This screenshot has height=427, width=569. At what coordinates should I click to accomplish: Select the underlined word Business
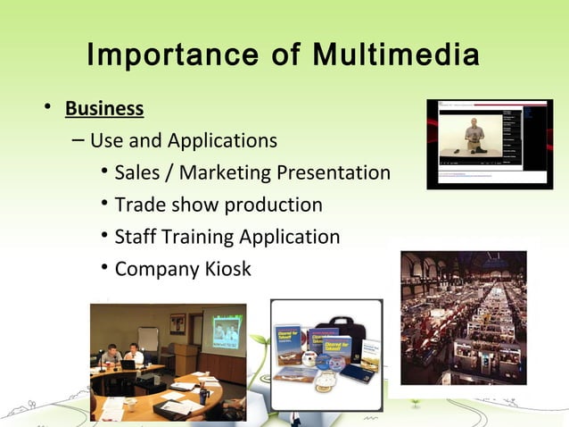tap(104, 109)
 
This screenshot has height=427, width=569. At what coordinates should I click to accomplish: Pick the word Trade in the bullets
tap(141, 205)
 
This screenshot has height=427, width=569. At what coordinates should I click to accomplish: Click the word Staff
tap(137, 237)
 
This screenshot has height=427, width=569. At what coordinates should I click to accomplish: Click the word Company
tap(155, 269)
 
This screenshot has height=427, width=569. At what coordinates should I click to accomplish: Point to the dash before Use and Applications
tap(77, 141)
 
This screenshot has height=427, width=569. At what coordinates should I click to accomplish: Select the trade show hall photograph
tap(463, 317)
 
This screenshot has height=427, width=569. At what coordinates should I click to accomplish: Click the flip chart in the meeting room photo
tap(148, 339)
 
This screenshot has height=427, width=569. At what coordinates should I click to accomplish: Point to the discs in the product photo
tap(322, 363)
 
